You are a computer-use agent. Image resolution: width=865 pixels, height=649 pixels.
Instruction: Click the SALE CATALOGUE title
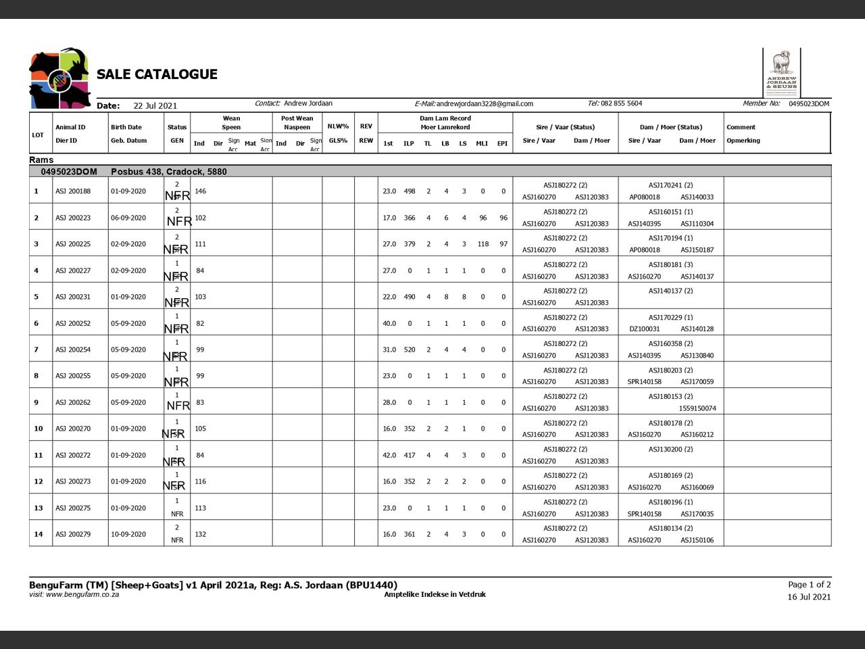(x=157, y=74)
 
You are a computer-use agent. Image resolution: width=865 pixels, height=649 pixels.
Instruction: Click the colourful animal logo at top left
(x=59, y=78)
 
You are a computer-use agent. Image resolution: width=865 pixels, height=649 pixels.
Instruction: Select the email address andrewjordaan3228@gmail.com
(x=485, y=104)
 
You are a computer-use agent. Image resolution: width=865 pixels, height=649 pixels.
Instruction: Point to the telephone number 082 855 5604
(x=621, y=103)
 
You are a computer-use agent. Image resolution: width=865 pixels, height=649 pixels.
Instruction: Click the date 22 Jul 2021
(x=155, y=105)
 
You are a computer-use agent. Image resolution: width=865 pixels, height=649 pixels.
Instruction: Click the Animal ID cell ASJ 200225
(x=73, y=244)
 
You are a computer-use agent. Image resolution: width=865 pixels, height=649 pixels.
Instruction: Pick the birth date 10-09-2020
(x=128, y=534)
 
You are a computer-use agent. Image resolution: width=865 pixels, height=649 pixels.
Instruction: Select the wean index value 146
(x=201, y=191)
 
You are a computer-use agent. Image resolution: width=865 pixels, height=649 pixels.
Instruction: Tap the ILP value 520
(x=410, y=350)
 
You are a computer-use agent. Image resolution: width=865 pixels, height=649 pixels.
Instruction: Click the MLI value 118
(x=483, y=244)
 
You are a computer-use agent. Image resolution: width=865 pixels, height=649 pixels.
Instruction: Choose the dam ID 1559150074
(x=697, y=408)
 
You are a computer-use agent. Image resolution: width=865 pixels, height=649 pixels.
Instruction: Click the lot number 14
(x=39, y=534)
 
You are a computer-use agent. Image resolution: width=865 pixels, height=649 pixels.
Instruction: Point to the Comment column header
(x=741, y=127)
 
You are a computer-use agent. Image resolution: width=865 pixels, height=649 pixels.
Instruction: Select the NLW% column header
(x=338, y=126)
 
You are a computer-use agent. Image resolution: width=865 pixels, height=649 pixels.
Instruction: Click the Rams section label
(x=41, y=160)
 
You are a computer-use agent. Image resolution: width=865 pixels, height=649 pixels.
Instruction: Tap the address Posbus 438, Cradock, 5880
(x=169, y=172)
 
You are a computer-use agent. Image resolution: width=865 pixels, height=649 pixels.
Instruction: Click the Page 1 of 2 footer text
(x=809, y=585)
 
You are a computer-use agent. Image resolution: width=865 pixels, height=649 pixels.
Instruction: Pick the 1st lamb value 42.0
(x=389, y=455)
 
